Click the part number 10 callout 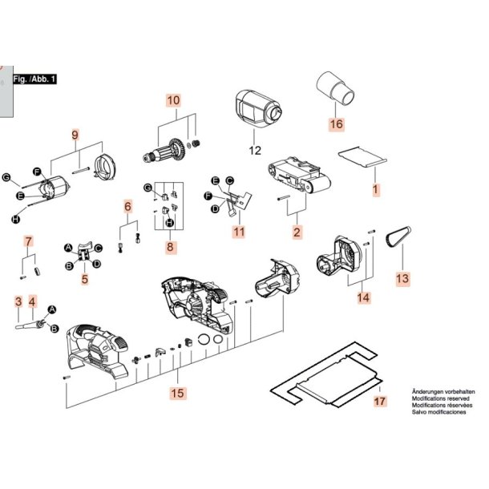coord(174,101)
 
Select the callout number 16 coord(335,124)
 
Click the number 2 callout coord(297,232)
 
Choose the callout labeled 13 coord(402,278)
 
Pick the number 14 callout coord(364,297)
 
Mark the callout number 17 coord(380,401)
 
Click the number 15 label coord(176,394)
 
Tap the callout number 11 coord(238,232)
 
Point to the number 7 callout coord(28,240)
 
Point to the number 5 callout coord(84,280)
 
